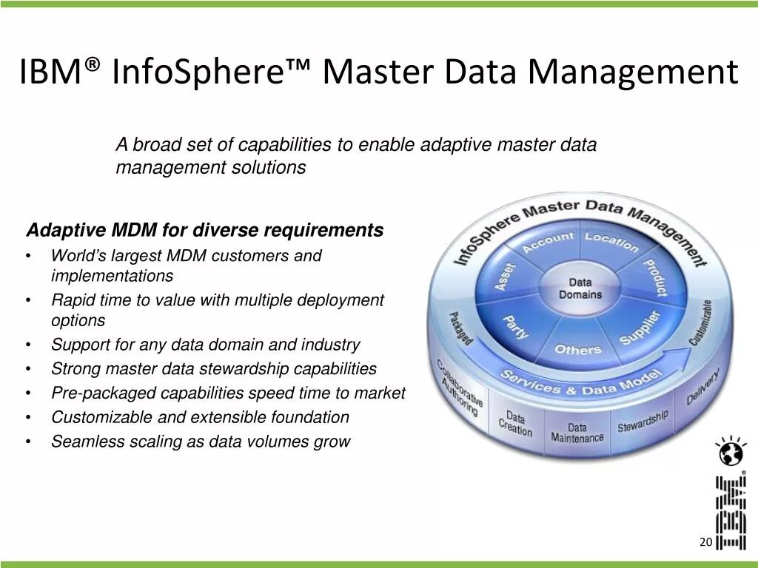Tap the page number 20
click(x=705, y=543)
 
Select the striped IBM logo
click(x=730, y=513)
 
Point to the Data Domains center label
click(x=580, y=288)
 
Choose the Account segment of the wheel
click(x=548, y=241)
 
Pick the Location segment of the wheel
click(x=611, y=241)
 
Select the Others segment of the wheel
click(x=578, y=348)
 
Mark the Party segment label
click(x=516, y=327)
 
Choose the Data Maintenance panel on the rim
click(x=577, y=433)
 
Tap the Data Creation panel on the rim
click(x=515, y=423)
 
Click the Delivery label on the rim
click(x=702, y=388)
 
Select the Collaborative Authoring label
click(x=460, y=388)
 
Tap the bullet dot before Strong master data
click(x=27, y=369)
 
